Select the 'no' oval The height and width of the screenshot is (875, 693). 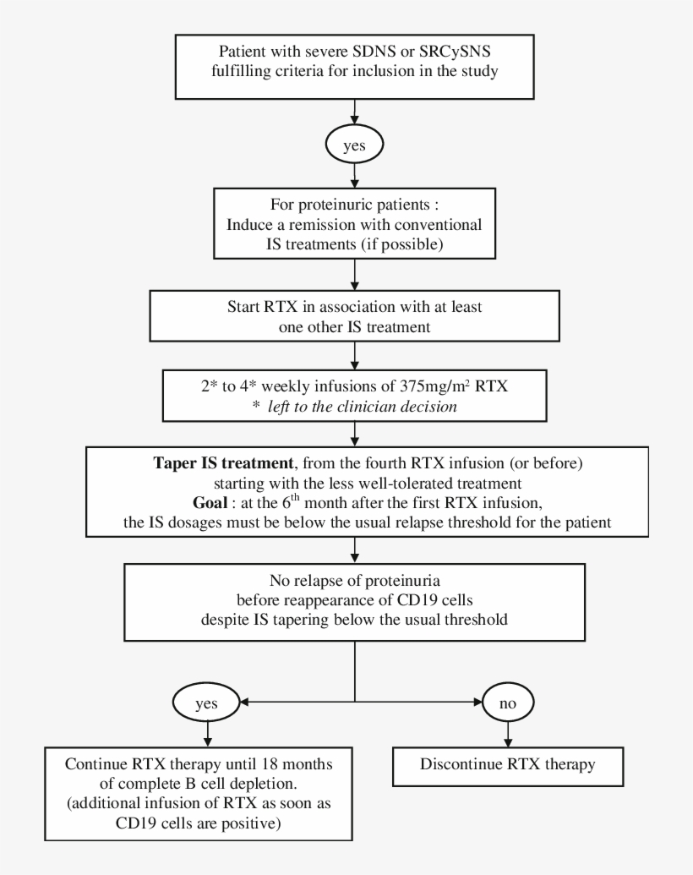tap(506, 702)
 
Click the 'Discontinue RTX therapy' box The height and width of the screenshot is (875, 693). tap(506, 766)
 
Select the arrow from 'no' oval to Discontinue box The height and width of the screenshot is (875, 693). tap(506, 732)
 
